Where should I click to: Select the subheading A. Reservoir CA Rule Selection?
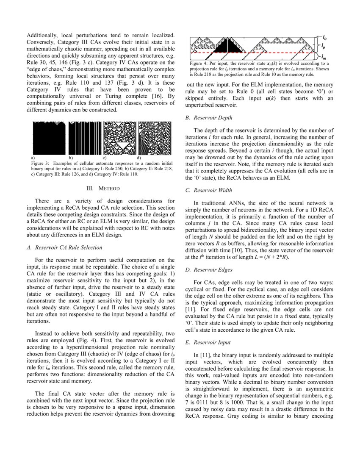[x=69, y=247]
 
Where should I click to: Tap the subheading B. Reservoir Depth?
[x=209, y=117]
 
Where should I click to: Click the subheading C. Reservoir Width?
[x=209, y=191]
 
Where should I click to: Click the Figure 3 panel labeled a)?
[x=49, y=139]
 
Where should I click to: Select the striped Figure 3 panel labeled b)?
[x=84, y=139]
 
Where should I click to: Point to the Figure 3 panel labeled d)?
[x=155, y=139]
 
